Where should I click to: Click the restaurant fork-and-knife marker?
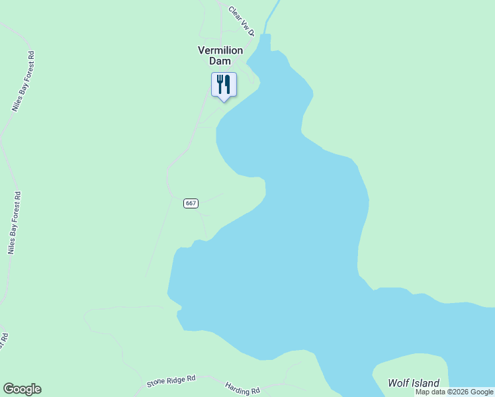pyautogui.click(x=224, y=85)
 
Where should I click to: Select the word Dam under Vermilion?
pyautogui.click(x=220, y=61)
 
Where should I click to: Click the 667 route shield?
pyautogui.click(x=191, y=203)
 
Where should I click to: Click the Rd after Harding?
pyautogui.click(x=255, y=392)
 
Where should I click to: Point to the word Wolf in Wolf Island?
pyautogui.click(x=399, y=383)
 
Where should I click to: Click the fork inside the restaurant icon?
pyautogui.click(x=220, y=84)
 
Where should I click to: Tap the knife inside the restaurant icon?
pyautogui.click(x=228, y=84)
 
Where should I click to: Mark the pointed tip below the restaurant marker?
pyautogui.click(x=224, y=100)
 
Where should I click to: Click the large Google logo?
pyautogui.click(x=22, y=389)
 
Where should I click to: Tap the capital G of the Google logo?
pyautogui.click(x=8, y=389)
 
